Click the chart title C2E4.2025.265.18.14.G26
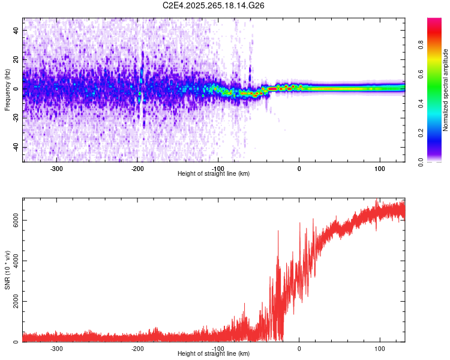tap(214, 5)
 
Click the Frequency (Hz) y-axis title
tap(7, 90)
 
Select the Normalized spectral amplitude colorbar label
tap(446, 90)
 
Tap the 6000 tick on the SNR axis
tap(13, 220)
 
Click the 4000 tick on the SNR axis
tap(13, 261)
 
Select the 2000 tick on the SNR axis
tap(13, 302)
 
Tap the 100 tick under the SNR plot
tap(380, 349)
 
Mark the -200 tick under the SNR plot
tap(137, 349)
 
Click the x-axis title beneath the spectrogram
tap(214, 174)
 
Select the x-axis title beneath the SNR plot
tap(214, 354)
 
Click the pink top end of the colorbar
tap(434, 21)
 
